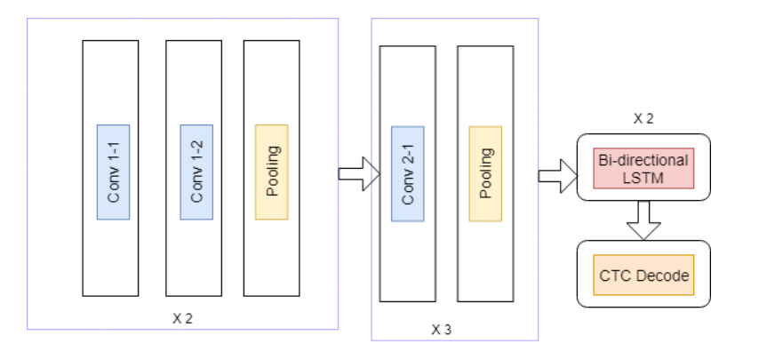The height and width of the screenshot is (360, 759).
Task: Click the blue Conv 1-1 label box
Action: pos(114,172)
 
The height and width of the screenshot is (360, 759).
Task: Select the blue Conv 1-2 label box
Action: pos(196,172)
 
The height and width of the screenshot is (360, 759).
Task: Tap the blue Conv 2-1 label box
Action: pos(407,172)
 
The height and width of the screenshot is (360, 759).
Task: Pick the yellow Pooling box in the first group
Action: pos(271,172)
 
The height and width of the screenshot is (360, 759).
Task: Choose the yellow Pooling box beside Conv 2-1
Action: pos(485,172)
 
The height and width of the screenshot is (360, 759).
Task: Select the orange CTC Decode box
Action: pos(643,276)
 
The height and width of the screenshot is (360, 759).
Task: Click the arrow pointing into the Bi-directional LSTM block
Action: pos(555,175)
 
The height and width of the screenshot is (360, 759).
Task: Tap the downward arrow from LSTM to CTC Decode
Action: pos(643,220)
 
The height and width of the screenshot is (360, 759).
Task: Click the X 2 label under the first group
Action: pos(182,317)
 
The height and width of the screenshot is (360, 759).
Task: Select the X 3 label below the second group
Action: pos(442,330)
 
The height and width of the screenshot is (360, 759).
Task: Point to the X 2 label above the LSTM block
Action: pos(643,118)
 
